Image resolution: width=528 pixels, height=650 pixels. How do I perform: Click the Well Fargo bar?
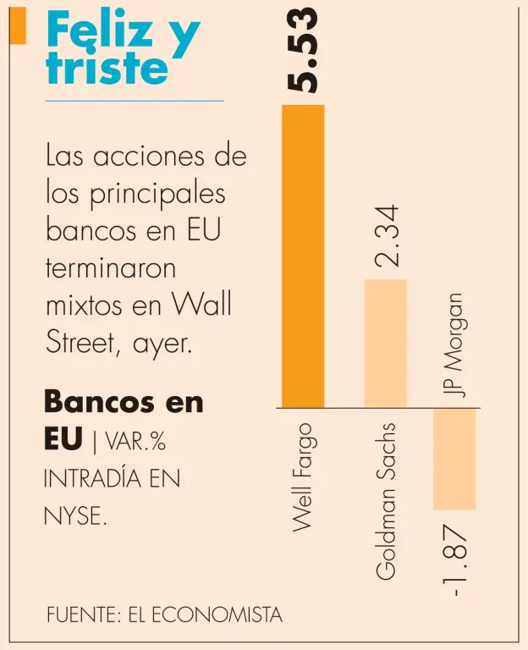302,256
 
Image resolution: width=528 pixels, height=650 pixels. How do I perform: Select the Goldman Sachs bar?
385,343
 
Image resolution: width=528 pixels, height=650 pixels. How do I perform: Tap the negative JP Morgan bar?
454,459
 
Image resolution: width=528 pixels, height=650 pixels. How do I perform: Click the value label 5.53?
301,50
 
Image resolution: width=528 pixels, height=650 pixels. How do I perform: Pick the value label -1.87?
457,561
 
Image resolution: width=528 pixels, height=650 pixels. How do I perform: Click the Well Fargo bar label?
302,475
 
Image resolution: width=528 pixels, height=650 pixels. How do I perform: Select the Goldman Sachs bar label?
385,500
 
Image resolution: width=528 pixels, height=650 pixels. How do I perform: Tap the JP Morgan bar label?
457,345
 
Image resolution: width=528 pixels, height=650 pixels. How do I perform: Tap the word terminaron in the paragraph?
111,267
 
